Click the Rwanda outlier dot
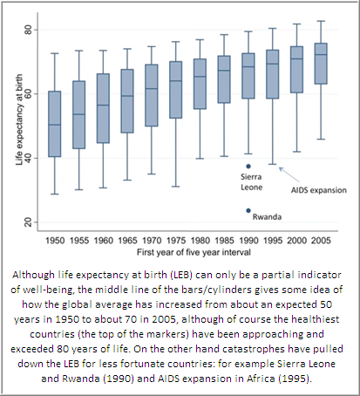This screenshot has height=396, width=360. [x=248, y=210]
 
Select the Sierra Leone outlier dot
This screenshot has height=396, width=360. [x=248, y=167]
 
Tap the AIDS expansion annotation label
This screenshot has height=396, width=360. [x=319, y=190]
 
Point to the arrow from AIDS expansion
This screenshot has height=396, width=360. [x=289, y=174]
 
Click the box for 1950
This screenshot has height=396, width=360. [x=55, y=124]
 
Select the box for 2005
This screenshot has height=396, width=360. [x=321, y=64]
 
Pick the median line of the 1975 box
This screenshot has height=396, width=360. [x=176, y=81]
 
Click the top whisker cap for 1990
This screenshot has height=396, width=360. [x=248, y=31]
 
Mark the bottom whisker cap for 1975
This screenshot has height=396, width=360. [x=176, y=187]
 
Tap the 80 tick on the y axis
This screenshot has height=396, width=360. [x=28, y=30]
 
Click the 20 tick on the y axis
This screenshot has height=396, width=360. [x=28, y=222]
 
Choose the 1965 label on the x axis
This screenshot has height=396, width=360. [x=127, y=241]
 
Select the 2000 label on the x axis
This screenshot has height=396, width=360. [x=296, y=241]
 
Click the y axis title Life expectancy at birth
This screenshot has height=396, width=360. [x=19, y=119]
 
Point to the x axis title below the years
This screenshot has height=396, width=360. [x=194, y=252]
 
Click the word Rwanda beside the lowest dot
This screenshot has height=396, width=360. [x=267, y=217]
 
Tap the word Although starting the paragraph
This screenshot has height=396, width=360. [x=33, y=275]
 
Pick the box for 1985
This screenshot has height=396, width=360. [x=224, y=79]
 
